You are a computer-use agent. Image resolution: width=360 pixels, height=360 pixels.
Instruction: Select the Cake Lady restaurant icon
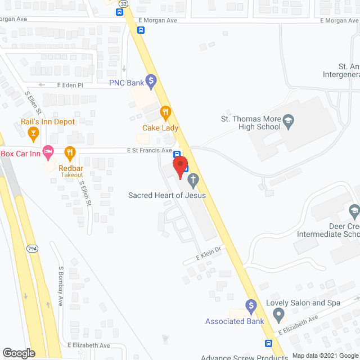pos(165,111)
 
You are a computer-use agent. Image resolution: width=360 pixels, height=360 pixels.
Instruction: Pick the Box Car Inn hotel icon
pos(49,151)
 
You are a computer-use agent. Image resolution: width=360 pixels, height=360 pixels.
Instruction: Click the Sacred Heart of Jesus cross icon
pos(193,180)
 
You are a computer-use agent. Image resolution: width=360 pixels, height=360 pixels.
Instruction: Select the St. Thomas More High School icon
pos(288,120)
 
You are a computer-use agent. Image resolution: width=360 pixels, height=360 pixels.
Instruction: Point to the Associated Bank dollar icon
pos(251,305)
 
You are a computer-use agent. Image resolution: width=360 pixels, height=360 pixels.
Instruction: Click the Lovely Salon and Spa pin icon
pos(278,317)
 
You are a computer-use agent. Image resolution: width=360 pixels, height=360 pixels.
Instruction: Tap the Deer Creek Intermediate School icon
pos(354,211)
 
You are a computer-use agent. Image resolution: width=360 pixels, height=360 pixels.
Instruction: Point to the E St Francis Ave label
pos(149,150)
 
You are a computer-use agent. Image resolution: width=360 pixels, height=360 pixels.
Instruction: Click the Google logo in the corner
pos(19,353)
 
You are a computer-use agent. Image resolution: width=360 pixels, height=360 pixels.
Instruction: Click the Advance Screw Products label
pos(245,357)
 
